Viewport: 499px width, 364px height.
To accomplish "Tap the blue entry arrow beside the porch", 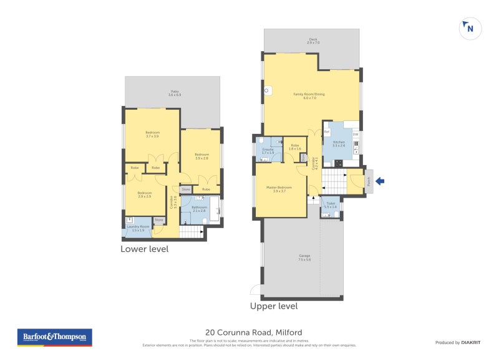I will pos(380,181).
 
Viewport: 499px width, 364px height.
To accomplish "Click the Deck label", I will pos(312,41).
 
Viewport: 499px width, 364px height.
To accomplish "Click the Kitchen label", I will pos(339,143).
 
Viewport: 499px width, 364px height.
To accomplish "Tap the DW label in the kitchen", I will pos(356,135).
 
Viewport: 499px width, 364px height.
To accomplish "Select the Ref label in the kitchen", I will pos(326,132).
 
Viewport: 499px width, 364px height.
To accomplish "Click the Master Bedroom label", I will pos(279,189).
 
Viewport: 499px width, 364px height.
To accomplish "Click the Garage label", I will pos(304,257).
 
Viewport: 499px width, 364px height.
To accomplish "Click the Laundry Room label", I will pos(138,228).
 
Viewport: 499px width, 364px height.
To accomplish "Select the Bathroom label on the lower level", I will pos(199,209).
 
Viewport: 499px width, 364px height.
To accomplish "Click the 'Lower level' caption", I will pos(144,249).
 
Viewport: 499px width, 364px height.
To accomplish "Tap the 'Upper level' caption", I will pos(274,306).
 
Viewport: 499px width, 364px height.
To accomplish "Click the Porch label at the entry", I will pos(369,181).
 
